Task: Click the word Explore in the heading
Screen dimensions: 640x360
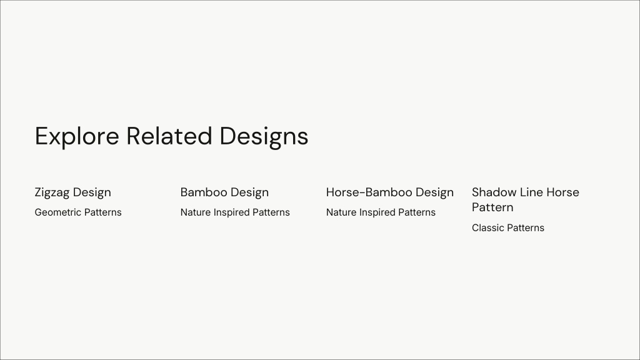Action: tap(77, 136)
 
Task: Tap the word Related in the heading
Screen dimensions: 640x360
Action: tap(169, 136)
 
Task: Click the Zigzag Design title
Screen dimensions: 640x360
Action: tap(72, 192)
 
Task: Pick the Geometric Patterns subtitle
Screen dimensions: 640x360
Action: tap(78, 212)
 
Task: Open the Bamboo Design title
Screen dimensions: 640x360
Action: tap(224, 192)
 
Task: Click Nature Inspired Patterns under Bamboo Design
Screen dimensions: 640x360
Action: tap(235, 212)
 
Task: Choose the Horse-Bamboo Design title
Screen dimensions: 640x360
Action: tap(390, 192)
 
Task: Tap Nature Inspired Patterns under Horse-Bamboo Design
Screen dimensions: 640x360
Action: tap(381, 212)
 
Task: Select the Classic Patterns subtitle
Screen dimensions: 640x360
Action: tap(508, 227)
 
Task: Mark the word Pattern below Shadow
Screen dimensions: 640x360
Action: tap(492, 207)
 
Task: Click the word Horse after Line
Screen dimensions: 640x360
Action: tap(563, 192)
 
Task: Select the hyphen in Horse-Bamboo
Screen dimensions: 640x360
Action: tap(362, 193)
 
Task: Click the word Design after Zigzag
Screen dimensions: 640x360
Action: tap(92, 192)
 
